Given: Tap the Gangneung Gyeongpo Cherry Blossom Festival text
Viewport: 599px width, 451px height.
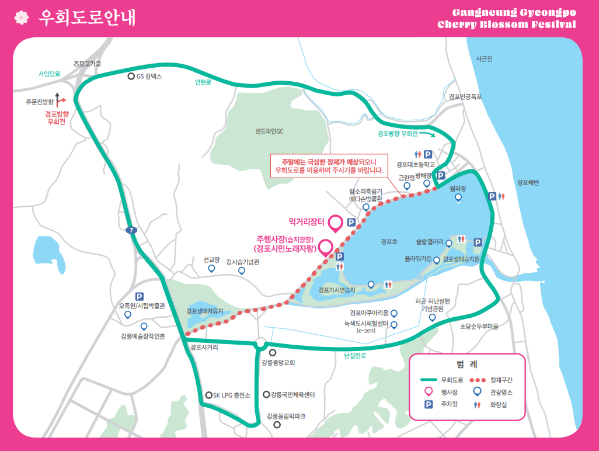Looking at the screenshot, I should pos(506,18).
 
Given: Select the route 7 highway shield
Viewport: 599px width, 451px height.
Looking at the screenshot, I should pos(132,230).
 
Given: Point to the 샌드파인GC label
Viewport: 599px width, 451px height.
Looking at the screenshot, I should pos(269,131).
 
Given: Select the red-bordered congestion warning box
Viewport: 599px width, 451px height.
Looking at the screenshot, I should pos(329,166).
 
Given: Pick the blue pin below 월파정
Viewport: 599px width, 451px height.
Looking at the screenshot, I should pos(458,197).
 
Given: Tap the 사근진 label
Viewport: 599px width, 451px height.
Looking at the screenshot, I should pos(484,58).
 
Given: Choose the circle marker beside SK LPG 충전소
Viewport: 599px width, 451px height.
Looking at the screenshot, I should pos(208,396).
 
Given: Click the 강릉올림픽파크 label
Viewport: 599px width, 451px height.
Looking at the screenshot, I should pos(285,416).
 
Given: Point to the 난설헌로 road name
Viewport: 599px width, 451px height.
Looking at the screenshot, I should pos(355,355).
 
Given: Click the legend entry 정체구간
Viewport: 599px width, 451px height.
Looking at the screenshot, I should pos(500,380).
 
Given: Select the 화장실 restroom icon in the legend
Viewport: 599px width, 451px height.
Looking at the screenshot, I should pos(478,404).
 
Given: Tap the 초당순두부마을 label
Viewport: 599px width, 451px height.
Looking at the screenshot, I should pos(479,327).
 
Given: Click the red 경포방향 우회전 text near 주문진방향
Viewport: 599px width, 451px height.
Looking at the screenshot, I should pos(57,118).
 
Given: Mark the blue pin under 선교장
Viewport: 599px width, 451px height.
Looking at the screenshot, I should pos(211,269).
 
